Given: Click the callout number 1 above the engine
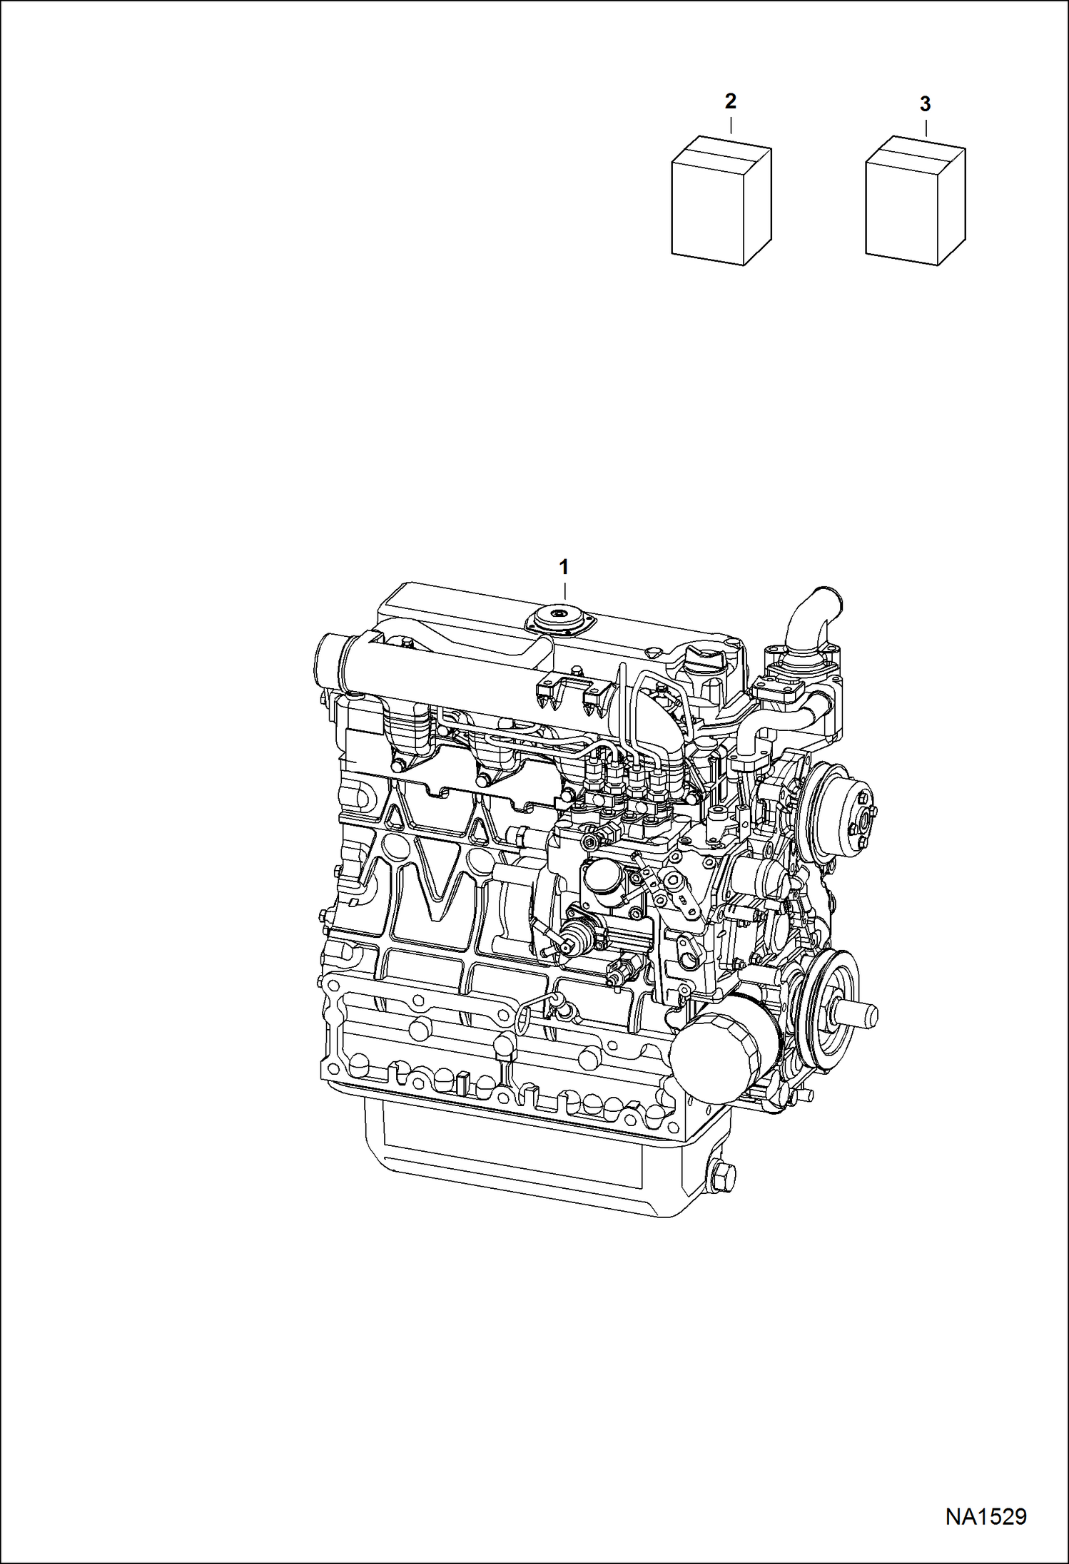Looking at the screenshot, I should tap(564, 568).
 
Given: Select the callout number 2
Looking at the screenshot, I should tap(730, 101).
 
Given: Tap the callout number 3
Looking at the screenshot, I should tap(925, 104).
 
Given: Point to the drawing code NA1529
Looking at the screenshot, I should tap(986, 1516).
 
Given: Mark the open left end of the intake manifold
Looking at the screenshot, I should tap(326, 662).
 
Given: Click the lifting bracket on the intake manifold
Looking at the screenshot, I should tap(567, 692).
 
